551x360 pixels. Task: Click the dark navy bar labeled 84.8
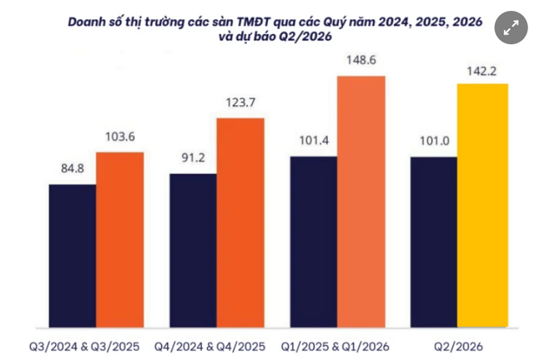[x=72, y=256]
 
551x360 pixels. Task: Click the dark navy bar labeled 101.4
[x=313, y=242]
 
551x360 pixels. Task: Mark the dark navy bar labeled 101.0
[x=434, y=242]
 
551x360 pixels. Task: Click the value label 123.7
[x=240, y=104]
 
